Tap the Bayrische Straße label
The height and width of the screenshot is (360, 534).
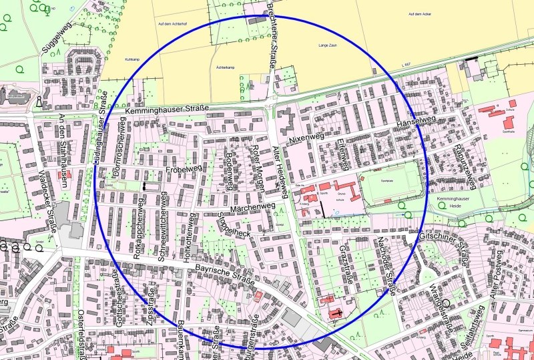click(225, 276)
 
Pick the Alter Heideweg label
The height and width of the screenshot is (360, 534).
click(282, 172)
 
